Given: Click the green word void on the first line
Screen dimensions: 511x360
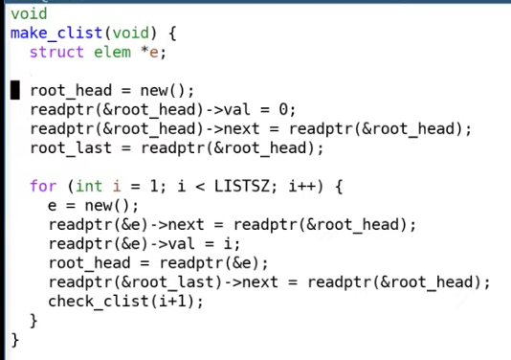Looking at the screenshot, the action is tap(29, 14).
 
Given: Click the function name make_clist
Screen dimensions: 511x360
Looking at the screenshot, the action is tap(56, 34).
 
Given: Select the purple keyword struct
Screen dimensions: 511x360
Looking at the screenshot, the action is tap(56, 52).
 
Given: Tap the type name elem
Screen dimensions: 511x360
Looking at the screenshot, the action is tap(112, 52).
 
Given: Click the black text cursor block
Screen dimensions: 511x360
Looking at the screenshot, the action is tap(15, 90).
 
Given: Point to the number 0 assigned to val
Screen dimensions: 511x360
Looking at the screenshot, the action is tap(284, 109).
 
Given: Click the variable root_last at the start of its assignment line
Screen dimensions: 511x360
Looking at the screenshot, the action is tap(71, 148).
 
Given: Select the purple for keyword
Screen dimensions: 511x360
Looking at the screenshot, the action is tap(43, 186).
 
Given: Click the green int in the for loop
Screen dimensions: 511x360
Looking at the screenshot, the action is tap(89, 186).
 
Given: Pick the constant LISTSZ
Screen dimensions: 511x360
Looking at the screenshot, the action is tap(242, 186).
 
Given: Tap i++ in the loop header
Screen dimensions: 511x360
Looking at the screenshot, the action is tap(302, 186).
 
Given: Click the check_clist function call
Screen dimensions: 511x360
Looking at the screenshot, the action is tap(99, 302).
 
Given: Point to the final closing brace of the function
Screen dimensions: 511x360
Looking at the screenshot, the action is tap(15, 340).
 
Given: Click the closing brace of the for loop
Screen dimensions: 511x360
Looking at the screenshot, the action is tap(33, 321).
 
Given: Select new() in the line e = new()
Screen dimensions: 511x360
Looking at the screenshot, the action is tap(108, 206).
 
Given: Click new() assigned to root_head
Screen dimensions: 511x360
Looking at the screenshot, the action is tap(164, 90).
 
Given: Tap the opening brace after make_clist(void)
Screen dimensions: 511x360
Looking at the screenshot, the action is tap(172, 34).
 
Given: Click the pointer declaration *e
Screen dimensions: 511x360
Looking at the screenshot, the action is tap(149, 52).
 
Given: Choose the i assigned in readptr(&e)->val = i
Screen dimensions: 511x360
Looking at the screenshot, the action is tap(228, 244).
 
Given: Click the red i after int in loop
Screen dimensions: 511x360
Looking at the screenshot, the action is tap(117, 186).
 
